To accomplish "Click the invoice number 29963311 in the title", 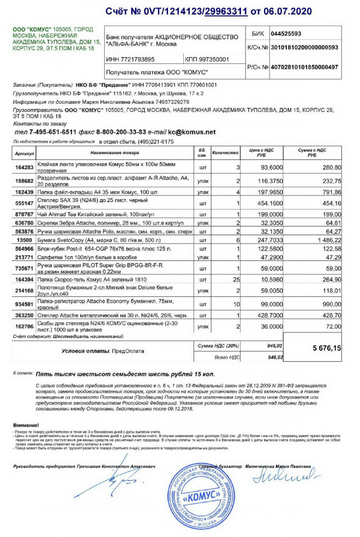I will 226,11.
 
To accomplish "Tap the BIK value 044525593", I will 286,33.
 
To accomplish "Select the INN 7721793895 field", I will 131,59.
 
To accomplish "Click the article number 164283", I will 25,168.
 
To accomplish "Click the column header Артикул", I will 25,153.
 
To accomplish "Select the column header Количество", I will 225,153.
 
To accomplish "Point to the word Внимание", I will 26,425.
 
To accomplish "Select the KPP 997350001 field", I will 207,59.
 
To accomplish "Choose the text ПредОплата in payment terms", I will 128,351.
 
